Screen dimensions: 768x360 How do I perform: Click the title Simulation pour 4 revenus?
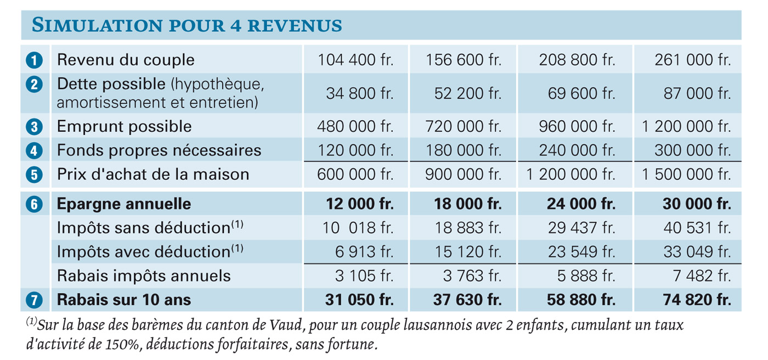(187, 25)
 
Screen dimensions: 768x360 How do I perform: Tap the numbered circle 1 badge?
(34, 60)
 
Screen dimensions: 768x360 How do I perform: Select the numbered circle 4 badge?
(34, 151)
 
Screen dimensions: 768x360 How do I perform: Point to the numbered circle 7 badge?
(34, 300)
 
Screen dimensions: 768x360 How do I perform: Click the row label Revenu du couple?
(126, 60)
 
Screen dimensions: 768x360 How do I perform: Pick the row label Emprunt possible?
(124, 127)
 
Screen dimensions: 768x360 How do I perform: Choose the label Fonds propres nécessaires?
(159, 150)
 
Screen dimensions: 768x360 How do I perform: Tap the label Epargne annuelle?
(124, 204)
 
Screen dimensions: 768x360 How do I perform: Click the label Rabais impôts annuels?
(144, 276)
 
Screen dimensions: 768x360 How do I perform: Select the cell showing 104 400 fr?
(355, 60)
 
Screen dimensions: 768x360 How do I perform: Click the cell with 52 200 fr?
(467, 93)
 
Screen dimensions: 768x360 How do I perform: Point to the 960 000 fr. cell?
(577, 127)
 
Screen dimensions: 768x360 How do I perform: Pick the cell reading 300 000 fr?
(692, 150)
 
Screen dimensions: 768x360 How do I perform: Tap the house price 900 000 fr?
(463, 175)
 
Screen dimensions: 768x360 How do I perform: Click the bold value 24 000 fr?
(581, 204)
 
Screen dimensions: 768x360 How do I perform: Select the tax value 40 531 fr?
(697, 228)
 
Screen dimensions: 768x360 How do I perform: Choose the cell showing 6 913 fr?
(364, 252)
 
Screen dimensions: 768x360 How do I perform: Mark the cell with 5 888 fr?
(586, 276)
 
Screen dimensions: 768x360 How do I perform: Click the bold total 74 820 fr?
(697, 300)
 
